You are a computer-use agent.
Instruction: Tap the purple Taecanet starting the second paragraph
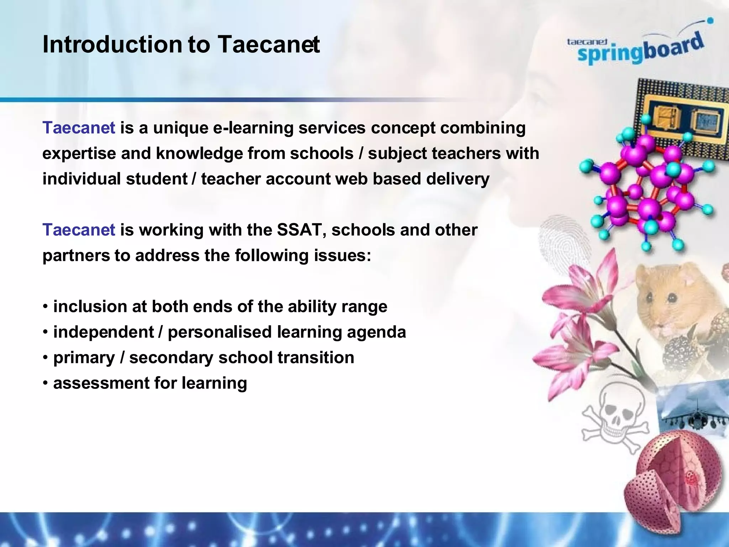79,230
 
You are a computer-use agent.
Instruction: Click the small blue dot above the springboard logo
710,21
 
